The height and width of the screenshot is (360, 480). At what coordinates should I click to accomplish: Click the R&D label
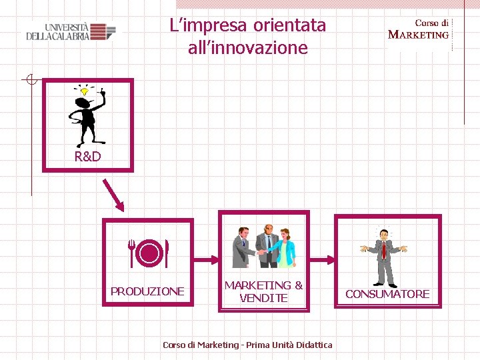tap(87, 157)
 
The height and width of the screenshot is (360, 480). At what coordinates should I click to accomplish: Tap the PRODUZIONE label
tap(147, 291)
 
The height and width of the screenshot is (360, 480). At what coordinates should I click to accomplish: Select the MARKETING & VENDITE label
tap(263, 291)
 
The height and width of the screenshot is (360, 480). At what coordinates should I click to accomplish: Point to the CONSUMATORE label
tap(387, 294)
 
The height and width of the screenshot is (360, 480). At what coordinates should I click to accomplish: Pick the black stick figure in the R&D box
tap(87, 117)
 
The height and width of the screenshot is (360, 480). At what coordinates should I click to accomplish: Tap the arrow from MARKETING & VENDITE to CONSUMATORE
tap(321, 259)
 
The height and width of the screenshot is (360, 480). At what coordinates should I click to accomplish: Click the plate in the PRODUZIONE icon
tap(150, 254)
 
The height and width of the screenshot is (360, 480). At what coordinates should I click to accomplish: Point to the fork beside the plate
tap(133, 253)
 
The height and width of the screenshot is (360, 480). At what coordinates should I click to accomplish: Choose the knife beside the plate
tap(166, 253)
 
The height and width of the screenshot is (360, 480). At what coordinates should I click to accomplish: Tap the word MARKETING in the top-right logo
tap(419, 35)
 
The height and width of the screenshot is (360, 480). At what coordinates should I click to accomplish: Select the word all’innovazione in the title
tap(248, 48)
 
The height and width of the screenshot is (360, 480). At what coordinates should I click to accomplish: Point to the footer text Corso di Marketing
tap(200, 345)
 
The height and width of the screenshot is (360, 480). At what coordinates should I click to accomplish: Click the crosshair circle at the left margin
tap(30, 80)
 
